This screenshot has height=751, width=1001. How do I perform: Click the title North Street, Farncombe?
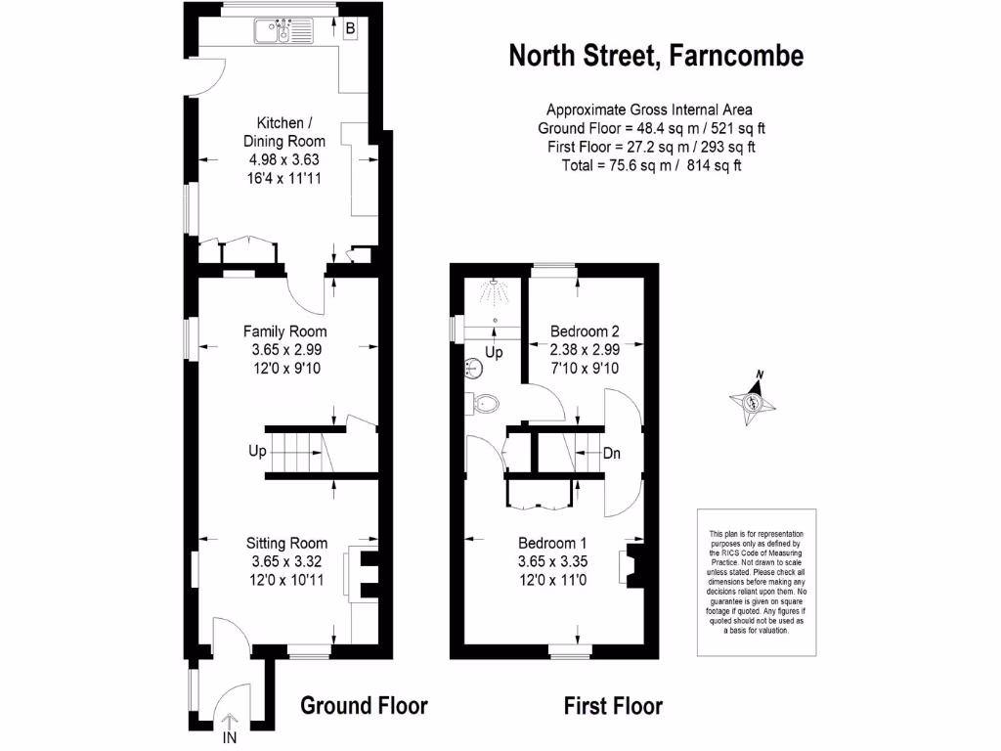(x=656, y=56)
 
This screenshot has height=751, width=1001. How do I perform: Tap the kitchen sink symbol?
(x=282, y=33)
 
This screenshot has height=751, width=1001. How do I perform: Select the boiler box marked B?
(x=350, y=29)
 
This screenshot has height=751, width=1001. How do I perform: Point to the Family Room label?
(x=284, y=331)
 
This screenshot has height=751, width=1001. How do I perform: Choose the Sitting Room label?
(x=286, y=544)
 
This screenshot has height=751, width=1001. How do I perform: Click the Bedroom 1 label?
(x=552, y=544)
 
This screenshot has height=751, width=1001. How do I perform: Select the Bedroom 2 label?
(x=584, y=331)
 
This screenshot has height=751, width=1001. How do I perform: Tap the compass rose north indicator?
(x=754, y=400)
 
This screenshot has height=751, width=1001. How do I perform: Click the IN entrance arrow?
(x=231, y=726)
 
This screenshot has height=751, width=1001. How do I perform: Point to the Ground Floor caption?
(x=364, y=705)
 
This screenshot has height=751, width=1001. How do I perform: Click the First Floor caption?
(x=613, y=705)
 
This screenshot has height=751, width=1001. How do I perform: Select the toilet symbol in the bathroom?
(x=485, y=402)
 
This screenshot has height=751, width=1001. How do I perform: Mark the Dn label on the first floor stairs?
(x=612, y=454)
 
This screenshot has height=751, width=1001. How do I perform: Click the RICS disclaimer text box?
(x=755, y=573)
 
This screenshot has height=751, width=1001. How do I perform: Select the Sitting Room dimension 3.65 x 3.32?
(x=286, y=561)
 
